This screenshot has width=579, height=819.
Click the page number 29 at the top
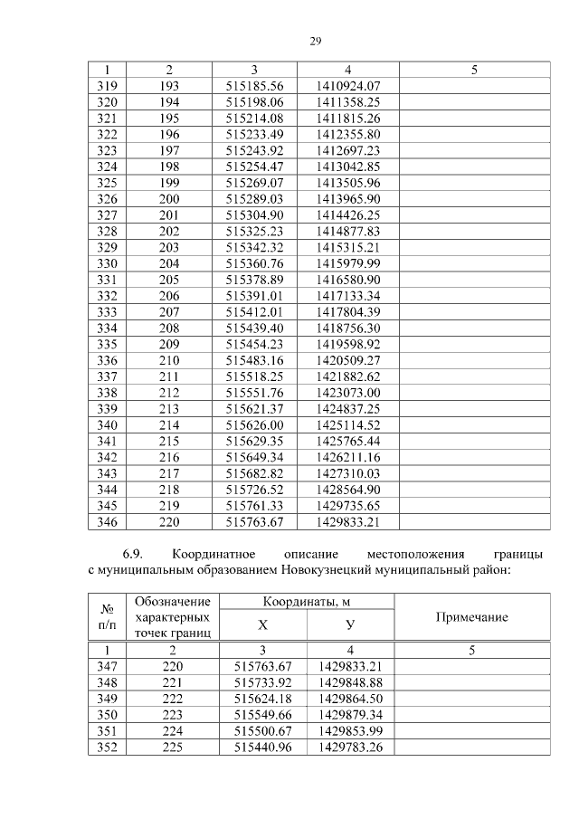[316, 41]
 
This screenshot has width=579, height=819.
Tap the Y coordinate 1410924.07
[348, 85]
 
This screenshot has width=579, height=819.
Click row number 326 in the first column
[107, 199]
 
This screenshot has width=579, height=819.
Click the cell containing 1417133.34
[348, 296]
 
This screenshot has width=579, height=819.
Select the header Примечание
[471, 616]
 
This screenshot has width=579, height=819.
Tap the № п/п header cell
[107, 616]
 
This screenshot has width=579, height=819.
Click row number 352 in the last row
[107, 748]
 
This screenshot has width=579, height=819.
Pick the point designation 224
[172, 731]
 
